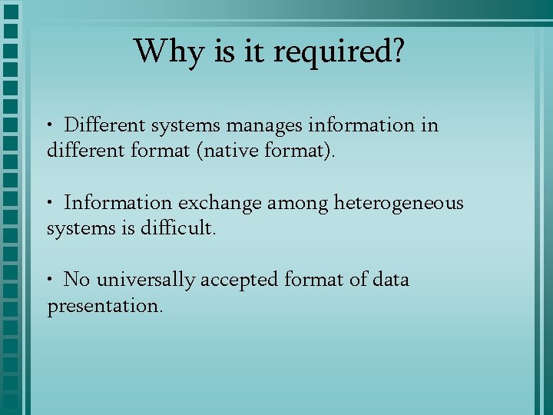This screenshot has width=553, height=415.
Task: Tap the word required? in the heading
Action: coord(338,52)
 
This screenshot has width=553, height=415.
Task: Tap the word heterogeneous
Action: coord(399,203)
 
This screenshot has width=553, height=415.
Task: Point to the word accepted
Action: coord(240,280)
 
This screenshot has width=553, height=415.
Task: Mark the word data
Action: coord(391,280)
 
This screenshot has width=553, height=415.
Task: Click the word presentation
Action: coord(105,306)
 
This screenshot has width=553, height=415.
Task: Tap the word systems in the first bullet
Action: coord(185,124)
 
